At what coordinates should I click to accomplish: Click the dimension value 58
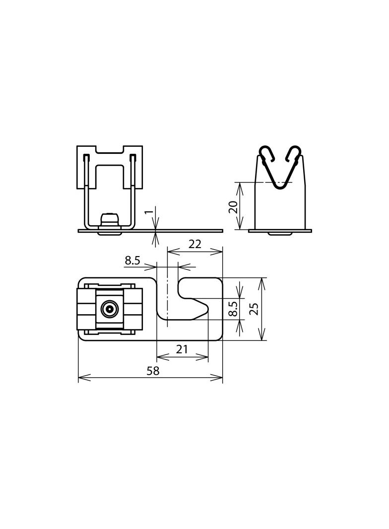pos(153,371)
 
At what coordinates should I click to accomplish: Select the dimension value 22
pos(195,244)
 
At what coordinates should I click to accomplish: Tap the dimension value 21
pos(182,349)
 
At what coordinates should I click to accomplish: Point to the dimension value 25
pos(254,309)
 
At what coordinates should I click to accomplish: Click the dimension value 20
pos(233,206)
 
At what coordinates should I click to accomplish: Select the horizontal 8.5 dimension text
pos(132,260)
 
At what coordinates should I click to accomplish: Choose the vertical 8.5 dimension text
pos(233,308)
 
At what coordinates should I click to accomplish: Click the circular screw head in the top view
pos(109,309)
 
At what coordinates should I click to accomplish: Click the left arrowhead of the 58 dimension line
pos(81,378)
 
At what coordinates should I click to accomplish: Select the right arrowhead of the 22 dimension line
pos(220,252)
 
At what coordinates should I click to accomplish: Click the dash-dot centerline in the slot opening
pos(168,298)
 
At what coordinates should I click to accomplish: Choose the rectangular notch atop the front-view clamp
pos(110,149)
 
